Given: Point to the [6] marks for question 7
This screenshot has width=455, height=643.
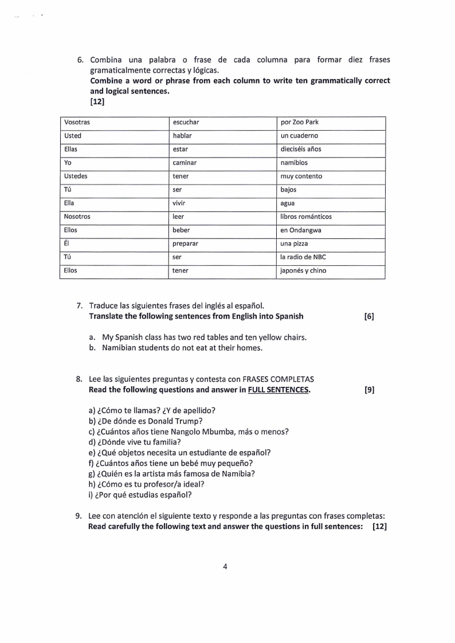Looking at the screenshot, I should coord(369,316).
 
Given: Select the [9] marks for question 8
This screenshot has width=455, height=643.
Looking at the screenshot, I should coord(369,390).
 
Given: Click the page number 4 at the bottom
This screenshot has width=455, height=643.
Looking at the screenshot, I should coord(225,567).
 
